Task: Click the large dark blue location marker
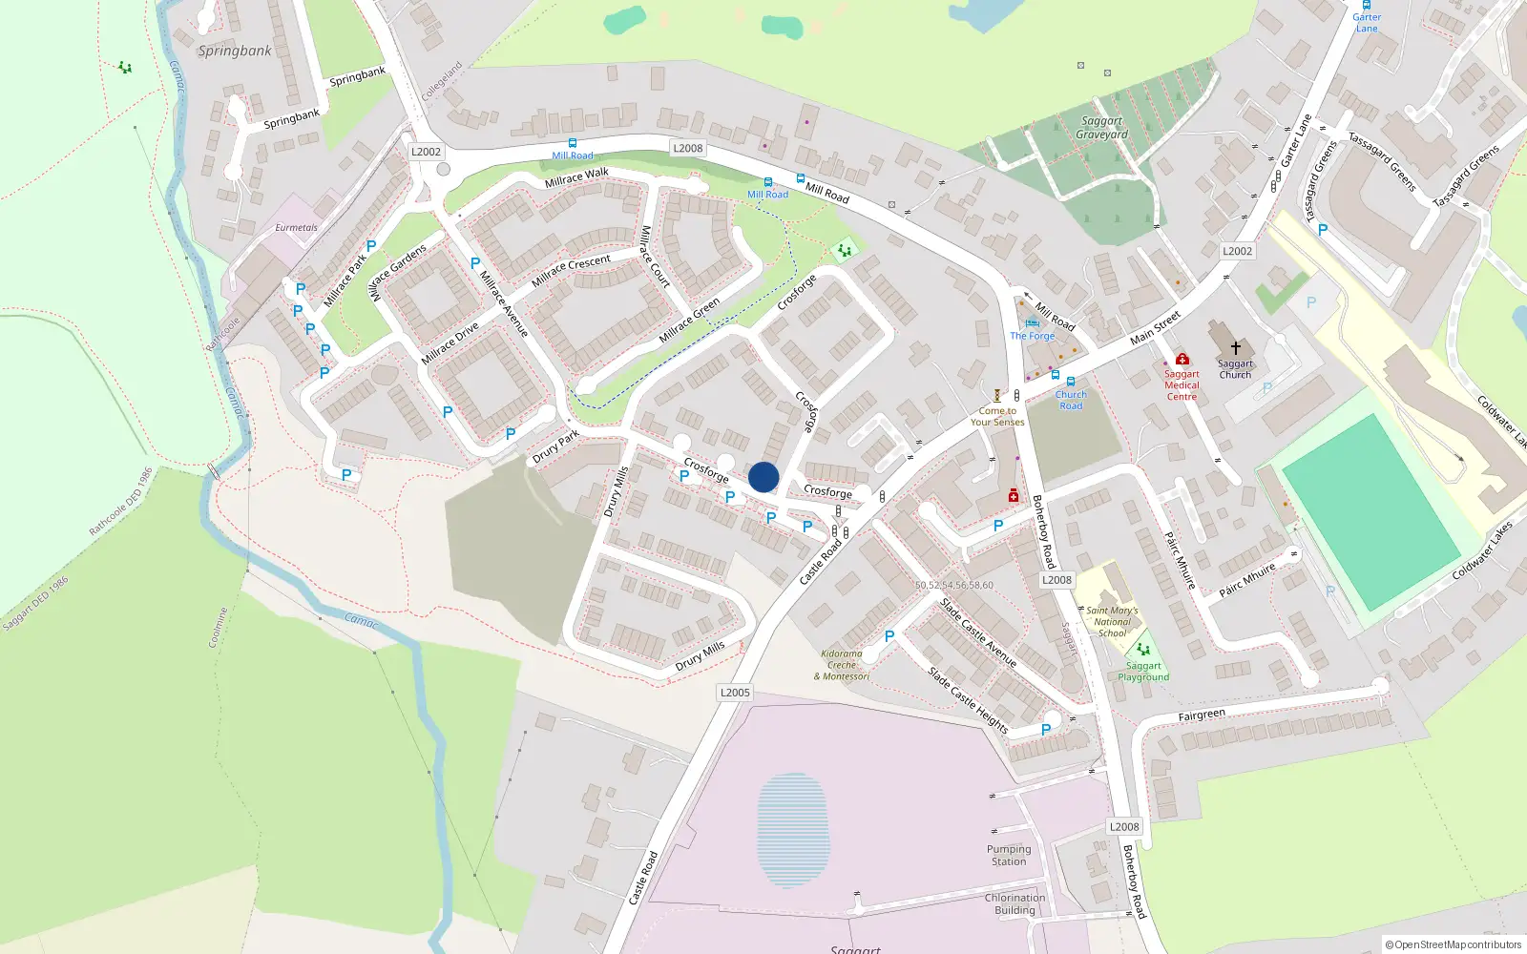tap(763, 477)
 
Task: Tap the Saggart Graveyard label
tap(1101, 128)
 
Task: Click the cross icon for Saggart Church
tap(1235, 348)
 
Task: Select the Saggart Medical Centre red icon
tap(1182, 360)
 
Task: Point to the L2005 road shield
tap(735, 693)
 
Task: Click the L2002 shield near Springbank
tap(426, 152)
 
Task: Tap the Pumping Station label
tap(1009, 855)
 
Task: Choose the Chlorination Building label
tap(1015, 903)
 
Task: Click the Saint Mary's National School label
tap(1112, 621)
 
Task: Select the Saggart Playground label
tap(1143, 672)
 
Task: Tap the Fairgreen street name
tap(1202, 715)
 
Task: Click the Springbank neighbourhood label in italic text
tap(235, 52)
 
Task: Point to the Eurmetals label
tap(297, 228)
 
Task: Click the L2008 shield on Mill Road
tap(687, 148)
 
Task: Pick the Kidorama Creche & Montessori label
tap(842, 665)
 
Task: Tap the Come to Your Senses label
tap(997, 416)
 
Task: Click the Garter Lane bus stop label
tap(1367, 22)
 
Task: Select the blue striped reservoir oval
tap(793, 831)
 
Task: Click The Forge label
tap(1033, 336)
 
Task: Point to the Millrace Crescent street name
tap(571, 270)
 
